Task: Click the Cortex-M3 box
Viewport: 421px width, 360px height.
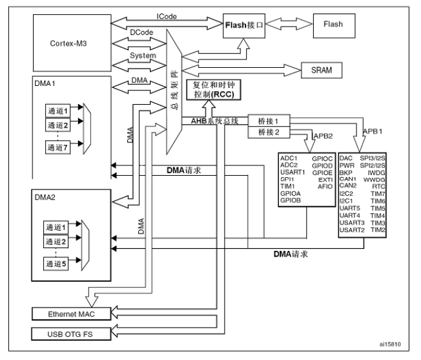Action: (72, 43)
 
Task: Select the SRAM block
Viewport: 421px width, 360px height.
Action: (322, 70)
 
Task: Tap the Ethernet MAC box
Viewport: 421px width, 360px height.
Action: (71, 314)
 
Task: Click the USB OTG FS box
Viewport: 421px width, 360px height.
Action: (71, 334)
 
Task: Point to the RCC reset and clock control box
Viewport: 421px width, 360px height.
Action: (214, 90)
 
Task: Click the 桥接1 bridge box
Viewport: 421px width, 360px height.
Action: (269, 121)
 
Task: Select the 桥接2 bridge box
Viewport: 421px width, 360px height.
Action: (269, 132)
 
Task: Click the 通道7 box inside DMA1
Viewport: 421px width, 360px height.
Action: (57, 147)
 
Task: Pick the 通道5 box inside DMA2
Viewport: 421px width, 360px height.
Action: (56, 264)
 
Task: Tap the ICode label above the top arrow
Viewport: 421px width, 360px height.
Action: (167, 16)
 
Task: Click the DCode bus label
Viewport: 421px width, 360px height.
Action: (141, 32)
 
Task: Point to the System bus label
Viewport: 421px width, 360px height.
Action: (143, 56)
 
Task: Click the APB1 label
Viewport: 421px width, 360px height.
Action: (373, 131)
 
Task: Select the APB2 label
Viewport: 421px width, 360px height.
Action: (323, 136)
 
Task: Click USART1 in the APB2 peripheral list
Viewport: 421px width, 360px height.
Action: (293, 172)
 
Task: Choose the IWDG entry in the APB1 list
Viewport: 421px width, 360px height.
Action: (376, 173)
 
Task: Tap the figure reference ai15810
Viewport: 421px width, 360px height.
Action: (390, 344)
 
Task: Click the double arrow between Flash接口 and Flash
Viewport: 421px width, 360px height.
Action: (289, 24)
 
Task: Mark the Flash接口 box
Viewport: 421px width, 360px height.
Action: (244, 26)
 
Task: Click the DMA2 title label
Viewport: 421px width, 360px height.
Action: (45, 197)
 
